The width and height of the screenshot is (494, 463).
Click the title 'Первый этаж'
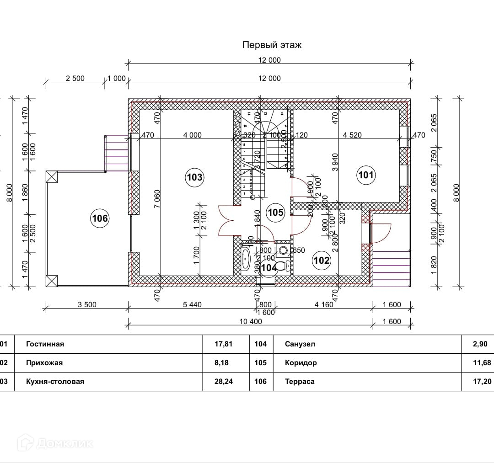point(272,45)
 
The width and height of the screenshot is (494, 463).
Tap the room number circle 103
point(194,177)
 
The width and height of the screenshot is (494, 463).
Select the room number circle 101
point(365,174)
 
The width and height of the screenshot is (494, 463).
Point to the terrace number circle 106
point(100,218)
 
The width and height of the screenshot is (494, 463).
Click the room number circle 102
point(321,260)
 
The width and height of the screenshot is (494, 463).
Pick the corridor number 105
point(275,213)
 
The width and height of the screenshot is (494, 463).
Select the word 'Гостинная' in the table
point(45,344)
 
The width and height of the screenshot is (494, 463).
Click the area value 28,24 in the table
point(224,382)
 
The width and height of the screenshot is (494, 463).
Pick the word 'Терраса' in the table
point(300,382)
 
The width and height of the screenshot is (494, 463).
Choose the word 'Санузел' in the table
point(300,344)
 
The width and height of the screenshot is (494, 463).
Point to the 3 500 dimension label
point(86,305)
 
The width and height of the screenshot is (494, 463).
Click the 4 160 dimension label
point(324,305)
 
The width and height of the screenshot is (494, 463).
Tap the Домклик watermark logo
point(55,443)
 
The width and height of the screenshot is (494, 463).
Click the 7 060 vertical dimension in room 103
point(157,198)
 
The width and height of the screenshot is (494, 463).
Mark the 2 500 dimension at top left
point(75,78)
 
